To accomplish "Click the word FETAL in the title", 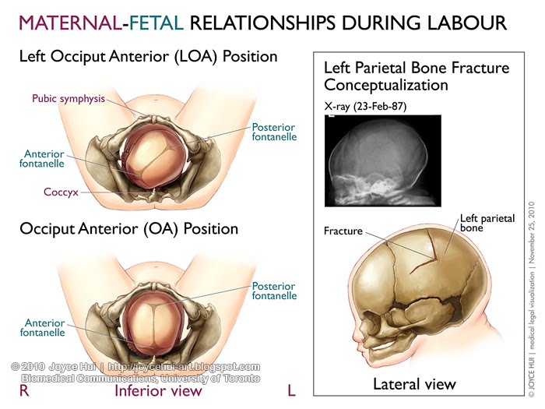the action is [x=156, y=23].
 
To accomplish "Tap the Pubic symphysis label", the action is [x=69, y=99].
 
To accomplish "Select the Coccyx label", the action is [x=61, y=192].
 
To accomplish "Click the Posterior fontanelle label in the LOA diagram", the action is [x=274, y=132].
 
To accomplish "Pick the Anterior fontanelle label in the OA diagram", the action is [x=42, y=328].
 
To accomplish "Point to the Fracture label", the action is [x=343, y=231].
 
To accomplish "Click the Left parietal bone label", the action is [x=487, y=223].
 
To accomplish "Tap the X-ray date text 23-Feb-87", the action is [x=380, y=106].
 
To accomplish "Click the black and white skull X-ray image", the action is [x=383, y=160].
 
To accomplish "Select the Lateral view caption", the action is [x=414, y=384].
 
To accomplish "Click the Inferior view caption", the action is [x=158, y=390].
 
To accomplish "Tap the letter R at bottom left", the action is [x=24, y=390].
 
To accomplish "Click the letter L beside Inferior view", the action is [x=292, y=390].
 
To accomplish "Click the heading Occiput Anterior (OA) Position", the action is [x=129, y=229].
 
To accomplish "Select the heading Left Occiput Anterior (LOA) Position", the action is [x=149, y=56].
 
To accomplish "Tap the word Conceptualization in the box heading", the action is [x=386, y=85].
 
